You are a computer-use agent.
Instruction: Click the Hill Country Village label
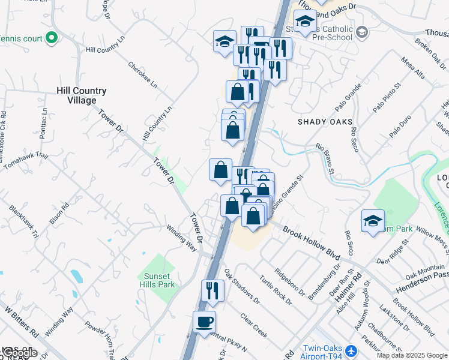point(81,95)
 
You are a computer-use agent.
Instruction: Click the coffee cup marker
point(204,322)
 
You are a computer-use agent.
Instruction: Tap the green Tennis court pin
point(51,38)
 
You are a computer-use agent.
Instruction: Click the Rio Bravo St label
point(325,158)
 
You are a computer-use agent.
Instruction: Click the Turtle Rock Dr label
point(276,292)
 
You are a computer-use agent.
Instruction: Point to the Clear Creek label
point(253,325)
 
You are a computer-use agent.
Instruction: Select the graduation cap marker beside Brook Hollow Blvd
point(373,220)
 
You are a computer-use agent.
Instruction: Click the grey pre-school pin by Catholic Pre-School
point(361,31)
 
